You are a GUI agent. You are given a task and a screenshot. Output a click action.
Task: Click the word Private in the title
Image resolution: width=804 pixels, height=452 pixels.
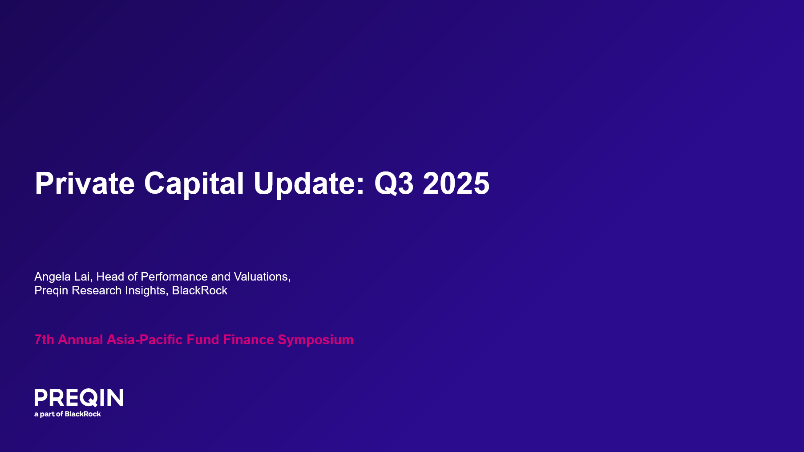pyautogui.click(x=85, y=183)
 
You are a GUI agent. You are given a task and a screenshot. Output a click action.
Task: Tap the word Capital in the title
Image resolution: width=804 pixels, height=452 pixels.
pyautogui.click(x=194, y=183)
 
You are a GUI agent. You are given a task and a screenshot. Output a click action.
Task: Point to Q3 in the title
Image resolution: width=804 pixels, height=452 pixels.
pyautogui.click(x=394, y=183)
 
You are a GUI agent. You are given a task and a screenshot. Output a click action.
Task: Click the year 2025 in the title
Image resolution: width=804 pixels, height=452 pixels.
pyautogui.click(x=456, y=183)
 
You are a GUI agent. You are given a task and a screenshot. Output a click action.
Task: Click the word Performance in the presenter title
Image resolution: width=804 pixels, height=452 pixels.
pyautogui.click(x=174, y=277)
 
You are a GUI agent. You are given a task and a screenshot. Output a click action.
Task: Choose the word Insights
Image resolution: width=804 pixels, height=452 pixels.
pyautogui.click(x=146, y=290)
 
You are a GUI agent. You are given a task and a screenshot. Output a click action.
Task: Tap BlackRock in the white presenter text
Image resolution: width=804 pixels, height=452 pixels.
pyautogui.click(x=199, y=290)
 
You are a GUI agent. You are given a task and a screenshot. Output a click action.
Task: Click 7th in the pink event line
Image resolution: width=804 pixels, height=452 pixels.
pyautogui.click(x=44, y=340)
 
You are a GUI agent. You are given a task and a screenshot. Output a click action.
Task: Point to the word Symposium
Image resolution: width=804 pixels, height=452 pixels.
pyautogui.click(x=315, y=340)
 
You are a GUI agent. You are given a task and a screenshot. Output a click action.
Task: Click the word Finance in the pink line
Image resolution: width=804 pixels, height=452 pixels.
pyautogui.click(x=248, y=340)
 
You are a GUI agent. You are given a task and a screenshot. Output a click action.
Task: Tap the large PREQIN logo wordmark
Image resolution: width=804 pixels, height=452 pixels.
pyautogui.click(x=79, y=398)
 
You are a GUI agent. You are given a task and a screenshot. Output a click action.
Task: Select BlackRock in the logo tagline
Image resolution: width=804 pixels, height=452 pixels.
pyautogui.click(x=83, y=414)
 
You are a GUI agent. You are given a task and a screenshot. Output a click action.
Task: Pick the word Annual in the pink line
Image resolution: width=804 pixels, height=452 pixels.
pyautogui.click(x=81, y=340)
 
